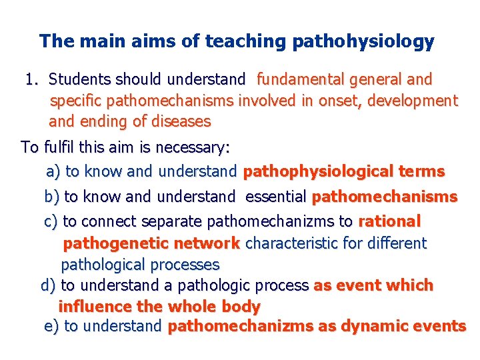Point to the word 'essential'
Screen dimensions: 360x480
click(276, 197)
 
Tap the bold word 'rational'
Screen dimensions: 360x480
click(389, 221)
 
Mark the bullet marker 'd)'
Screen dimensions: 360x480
click(49, 286)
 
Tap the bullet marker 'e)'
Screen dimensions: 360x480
click(51, 327)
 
